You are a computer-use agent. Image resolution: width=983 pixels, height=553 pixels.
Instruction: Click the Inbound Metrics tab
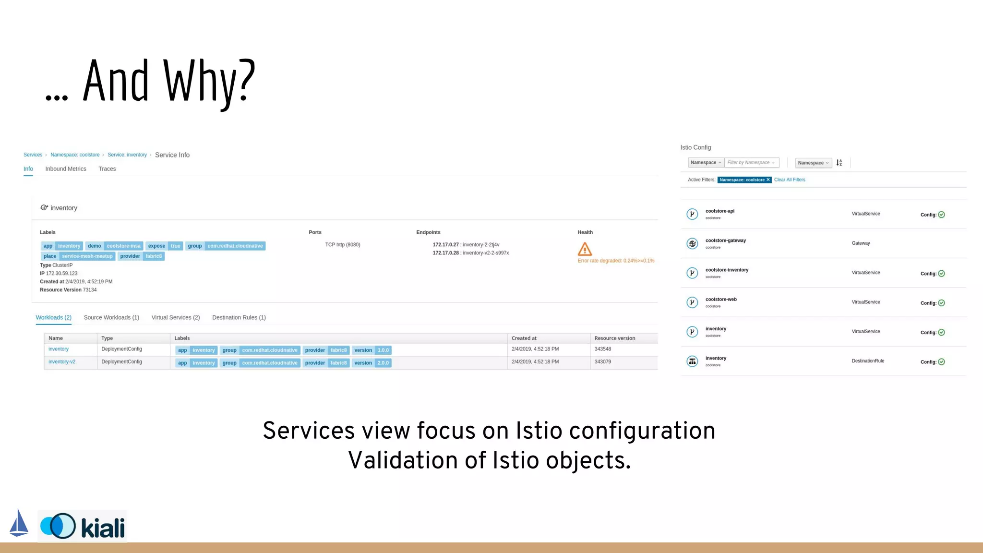point(66,169)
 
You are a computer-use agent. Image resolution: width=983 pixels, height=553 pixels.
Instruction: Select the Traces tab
point(107,169)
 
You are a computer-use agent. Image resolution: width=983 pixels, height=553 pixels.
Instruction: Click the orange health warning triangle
point(585,249)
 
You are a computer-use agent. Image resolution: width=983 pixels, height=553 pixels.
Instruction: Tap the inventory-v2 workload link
point(62,362)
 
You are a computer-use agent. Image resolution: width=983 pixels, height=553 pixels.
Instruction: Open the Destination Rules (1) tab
point(239,317)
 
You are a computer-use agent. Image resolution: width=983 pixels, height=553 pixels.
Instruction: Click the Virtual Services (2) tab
point(176,317)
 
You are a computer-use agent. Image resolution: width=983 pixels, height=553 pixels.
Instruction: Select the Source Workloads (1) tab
point(111,317)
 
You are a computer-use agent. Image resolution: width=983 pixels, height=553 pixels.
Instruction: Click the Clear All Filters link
point(790,180)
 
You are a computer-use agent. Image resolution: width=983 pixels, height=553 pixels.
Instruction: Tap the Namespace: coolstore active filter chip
point(744,180)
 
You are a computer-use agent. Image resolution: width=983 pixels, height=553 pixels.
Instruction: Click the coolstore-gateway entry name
point(725,240)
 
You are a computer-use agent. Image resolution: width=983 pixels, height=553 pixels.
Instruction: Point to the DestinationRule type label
point(868,361)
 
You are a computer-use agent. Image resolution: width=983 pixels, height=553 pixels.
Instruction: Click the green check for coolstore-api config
point(941,215)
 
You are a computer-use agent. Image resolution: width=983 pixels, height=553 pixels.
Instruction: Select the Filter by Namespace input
point(751,163)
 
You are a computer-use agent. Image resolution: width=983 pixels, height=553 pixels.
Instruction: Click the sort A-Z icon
point(839,163)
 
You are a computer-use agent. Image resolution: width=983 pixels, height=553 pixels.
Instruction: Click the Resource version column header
point(614,338)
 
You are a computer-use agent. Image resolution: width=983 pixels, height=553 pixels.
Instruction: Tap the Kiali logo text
point(103,528)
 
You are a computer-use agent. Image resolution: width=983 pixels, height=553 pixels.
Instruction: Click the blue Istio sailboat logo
point(19,523)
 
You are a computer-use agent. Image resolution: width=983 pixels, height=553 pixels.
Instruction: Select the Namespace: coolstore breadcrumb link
point(75,155)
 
